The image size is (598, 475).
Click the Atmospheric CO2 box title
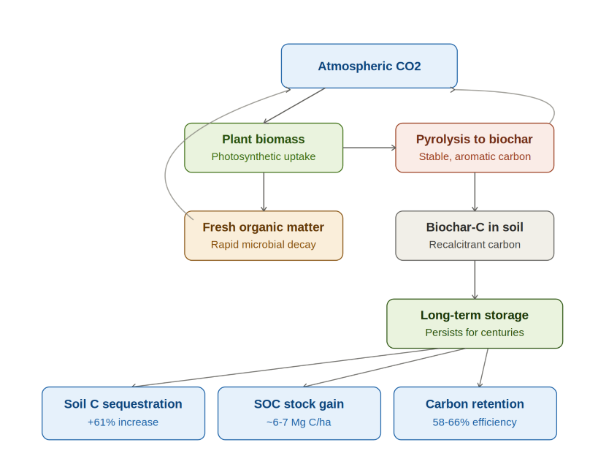tap(369, 66)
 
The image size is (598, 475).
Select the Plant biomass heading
tap(264, 139)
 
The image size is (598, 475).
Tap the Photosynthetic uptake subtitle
tap(264, 156)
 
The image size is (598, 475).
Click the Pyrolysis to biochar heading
tap(475, 139)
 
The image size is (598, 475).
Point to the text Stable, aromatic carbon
tap(475, 156)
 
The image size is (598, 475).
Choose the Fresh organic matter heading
tap(264, 227)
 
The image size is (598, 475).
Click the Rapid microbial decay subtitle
tap(264, 244)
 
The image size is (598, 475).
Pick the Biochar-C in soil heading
tap(475, 227)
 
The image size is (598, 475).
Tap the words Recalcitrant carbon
tap(475, 244)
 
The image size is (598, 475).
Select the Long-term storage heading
tap(475, 315)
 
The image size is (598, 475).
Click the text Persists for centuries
tap(475, 332)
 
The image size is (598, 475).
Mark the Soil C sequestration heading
tap(123, 404)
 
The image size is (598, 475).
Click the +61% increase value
tap(123, 422)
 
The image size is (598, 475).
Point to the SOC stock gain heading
tap(299, 404)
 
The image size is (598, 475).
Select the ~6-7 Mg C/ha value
tap(299, 422)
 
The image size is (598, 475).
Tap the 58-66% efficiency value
tap(475, 422)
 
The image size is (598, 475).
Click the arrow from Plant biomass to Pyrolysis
tap(369, 148)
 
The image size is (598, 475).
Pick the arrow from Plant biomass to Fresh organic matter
tap(264, 191)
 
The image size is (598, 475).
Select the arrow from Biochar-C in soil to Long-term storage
tap(475, 279)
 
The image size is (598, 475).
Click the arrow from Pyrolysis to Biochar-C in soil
tap(475, 191)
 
